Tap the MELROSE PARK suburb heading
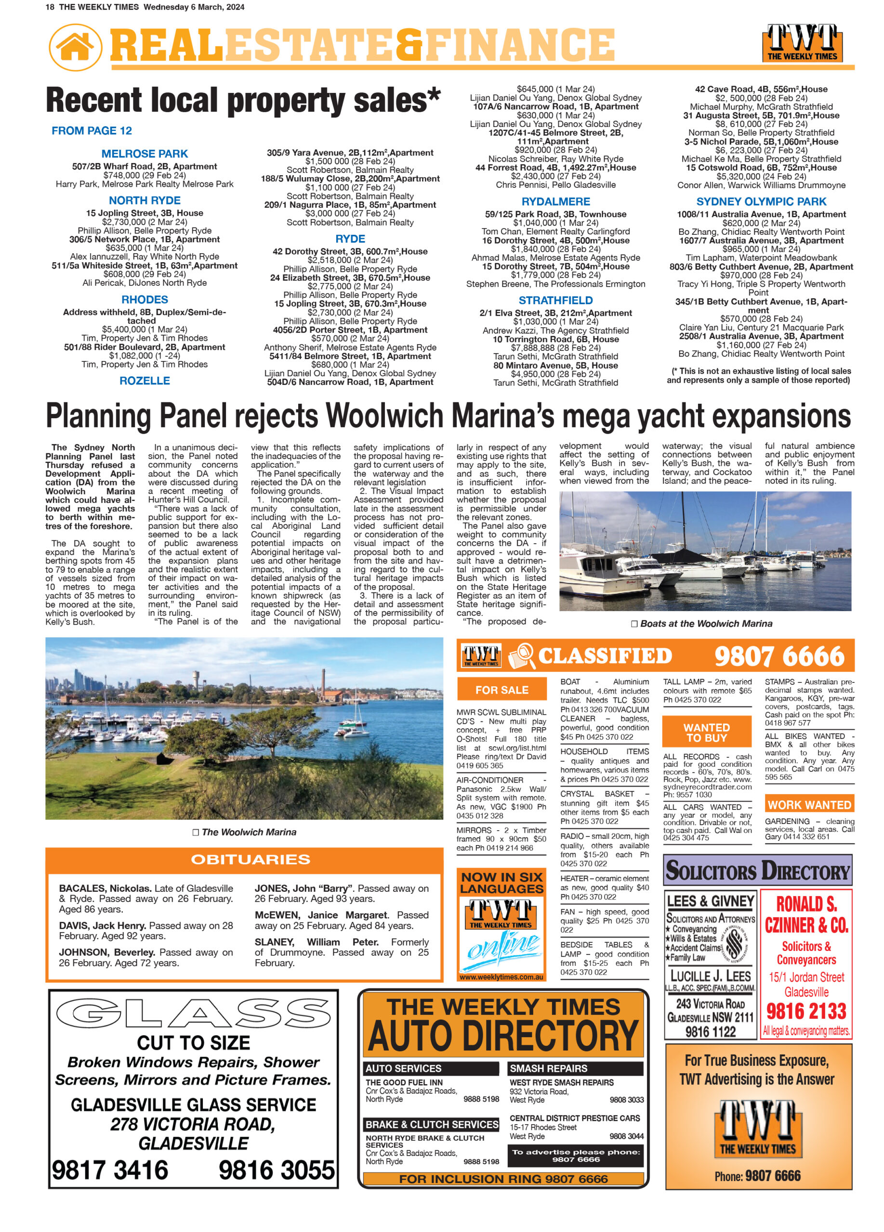[x=145, y=154]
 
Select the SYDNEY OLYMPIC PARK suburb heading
[x=761, y=202]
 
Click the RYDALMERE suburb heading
[x=555, y=202]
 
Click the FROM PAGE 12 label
[x=92, y=130]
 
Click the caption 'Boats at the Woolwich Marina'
[x=706, y=624]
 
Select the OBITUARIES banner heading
[x=250, y=860]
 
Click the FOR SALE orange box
[x=501, y=690]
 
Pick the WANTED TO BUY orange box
[x=707, y=733]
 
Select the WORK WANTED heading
[x=809, y=805]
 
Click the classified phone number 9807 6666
[x=779, y=656]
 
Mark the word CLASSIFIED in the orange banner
[x=605, y=655]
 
